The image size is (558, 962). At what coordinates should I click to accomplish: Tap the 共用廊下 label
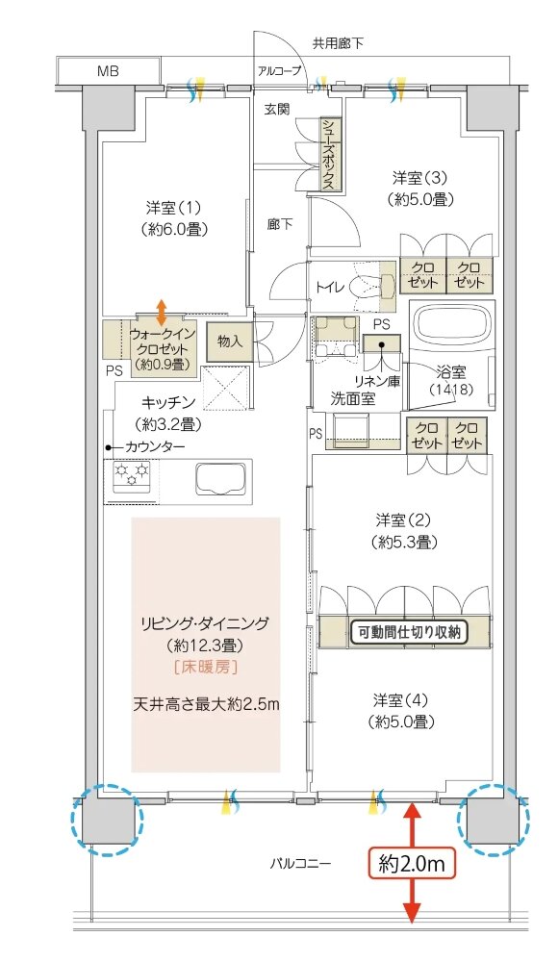point(337,43)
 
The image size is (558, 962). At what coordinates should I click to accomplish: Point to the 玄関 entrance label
point(277,109)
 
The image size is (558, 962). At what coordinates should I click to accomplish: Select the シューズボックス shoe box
point(328,155)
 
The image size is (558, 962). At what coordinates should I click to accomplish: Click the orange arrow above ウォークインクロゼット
point(162,312)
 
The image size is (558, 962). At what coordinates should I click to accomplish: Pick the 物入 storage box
point(228,342)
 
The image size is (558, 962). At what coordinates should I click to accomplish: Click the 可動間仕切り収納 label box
point(407,632)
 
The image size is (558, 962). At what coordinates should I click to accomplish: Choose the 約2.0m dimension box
point(412,863)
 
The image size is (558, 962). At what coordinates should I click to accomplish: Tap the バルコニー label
point(299,863)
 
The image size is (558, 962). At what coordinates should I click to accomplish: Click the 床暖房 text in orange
point(206,667)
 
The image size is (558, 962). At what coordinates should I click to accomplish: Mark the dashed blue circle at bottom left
point(107,821)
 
